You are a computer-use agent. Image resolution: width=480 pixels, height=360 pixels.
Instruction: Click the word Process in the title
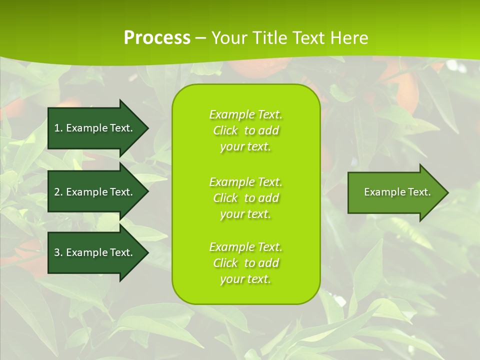(x=157, y=38)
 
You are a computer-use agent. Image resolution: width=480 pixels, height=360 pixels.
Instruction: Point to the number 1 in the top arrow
(x=56, y=128)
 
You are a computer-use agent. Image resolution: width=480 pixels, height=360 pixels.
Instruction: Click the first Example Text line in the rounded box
(x=245, y=114)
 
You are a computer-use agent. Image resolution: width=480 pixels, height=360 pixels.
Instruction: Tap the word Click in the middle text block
(x=225, y=198)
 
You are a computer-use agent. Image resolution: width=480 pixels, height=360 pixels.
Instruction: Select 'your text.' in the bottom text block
(x=245, y=279)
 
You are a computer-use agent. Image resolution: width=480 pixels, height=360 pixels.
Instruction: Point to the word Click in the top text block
(x=225, y=130)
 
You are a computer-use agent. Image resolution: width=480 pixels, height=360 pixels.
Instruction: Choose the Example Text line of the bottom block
(x=245, y=247)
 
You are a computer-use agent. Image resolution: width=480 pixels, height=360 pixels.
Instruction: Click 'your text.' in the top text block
(x=245, y=146)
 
